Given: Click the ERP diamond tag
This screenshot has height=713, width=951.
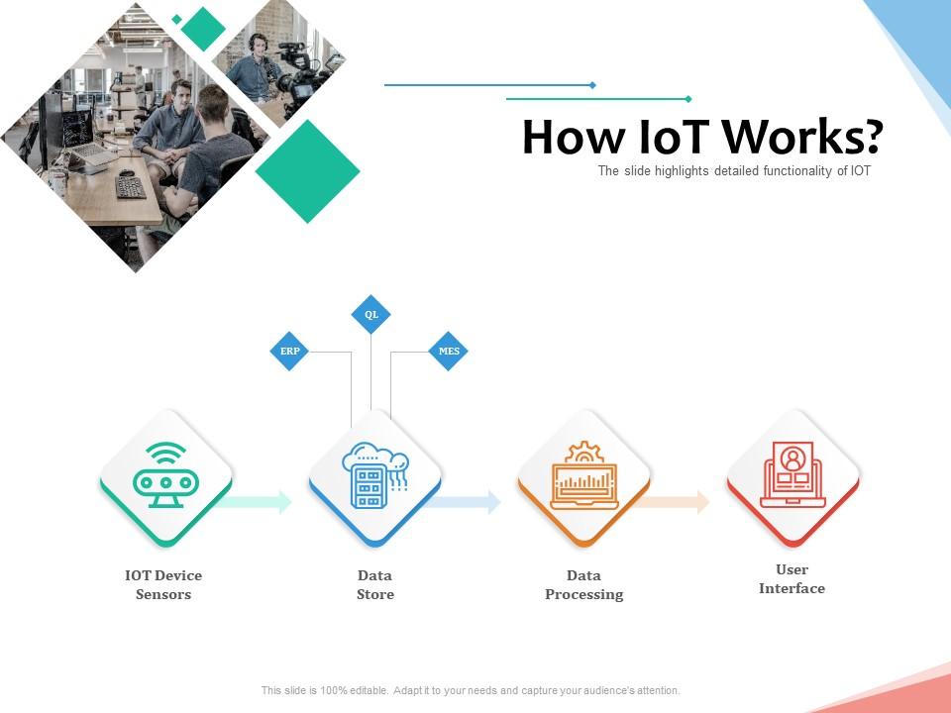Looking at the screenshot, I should [x=289, y=352].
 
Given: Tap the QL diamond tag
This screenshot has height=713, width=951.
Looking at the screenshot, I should [x=371, y=315].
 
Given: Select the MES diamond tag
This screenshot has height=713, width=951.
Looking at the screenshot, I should [x=448, y=352].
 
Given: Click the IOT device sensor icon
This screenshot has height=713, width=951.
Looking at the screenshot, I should [x=165, y=476].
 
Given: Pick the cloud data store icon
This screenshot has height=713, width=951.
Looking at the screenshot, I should [x=374, y=476].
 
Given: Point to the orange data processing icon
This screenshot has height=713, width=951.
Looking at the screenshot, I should [x=583, y=476].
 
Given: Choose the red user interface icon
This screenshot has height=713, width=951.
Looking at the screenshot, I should [x=792, y=476].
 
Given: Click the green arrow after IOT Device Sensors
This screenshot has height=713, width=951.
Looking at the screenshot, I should [x=260, y=502].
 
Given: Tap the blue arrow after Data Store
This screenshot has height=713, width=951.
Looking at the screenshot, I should [x=468, y=502].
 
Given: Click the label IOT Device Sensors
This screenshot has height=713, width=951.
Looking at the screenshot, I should [x=163, y=584].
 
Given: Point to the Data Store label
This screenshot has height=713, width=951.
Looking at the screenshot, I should [x=375, y=584].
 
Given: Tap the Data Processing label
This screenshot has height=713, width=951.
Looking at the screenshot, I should [x=584, y=584].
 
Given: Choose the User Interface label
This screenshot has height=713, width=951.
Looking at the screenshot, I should [x=792, y=578].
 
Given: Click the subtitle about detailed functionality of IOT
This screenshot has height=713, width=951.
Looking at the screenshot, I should [x=734, y=171].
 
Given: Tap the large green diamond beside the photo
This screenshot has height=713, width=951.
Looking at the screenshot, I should [x=307, y=171].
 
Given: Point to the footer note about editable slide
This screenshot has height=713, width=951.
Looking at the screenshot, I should [x=471, y=690].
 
